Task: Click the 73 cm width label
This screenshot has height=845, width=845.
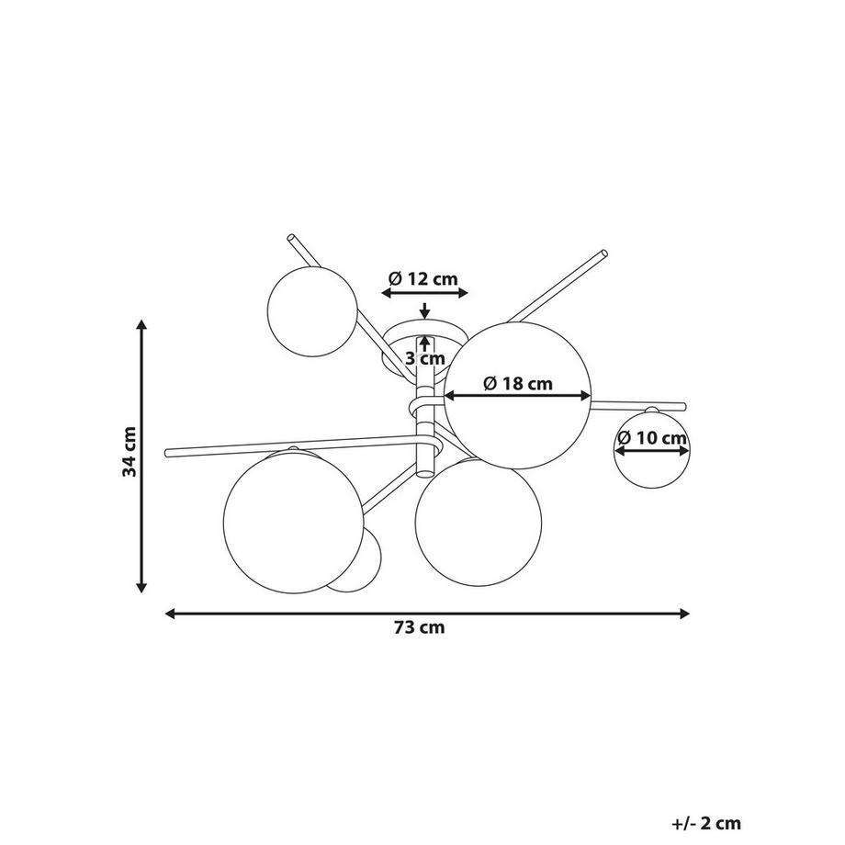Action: pyautogui.click(x=419, y=628)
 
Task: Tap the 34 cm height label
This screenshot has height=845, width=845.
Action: pyautogui.click(x=130, y=452)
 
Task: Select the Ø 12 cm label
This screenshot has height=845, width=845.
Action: pyautogui.click(x=423, y=278)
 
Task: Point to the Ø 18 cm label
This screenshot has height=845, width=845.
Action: pyautogui.click(x=518, y=383)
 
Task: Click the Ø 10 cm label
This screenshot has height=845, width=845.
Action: pyautogui.click(x=653, y=437)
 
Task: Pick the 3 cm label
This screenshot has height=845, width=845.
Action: pyautogui.click(x=425, y=358)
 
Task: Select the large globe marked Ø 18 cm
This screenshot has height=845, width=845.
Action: pyautogui.click(x=518, y=396)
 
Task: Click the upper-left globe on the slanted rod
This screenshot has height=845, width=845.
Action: pyautogui.click(x=312, y=310)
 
